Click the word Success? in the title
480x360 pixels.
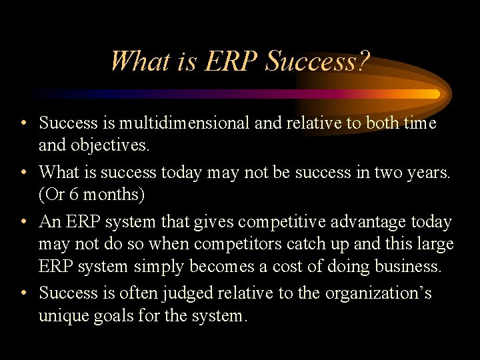[317, 62]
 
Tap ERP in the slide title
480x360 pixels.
[231, 62]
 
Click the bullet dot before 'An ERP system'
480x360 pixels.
[23, 222]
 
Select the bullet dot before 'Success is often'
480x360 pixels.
[23, 294]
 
